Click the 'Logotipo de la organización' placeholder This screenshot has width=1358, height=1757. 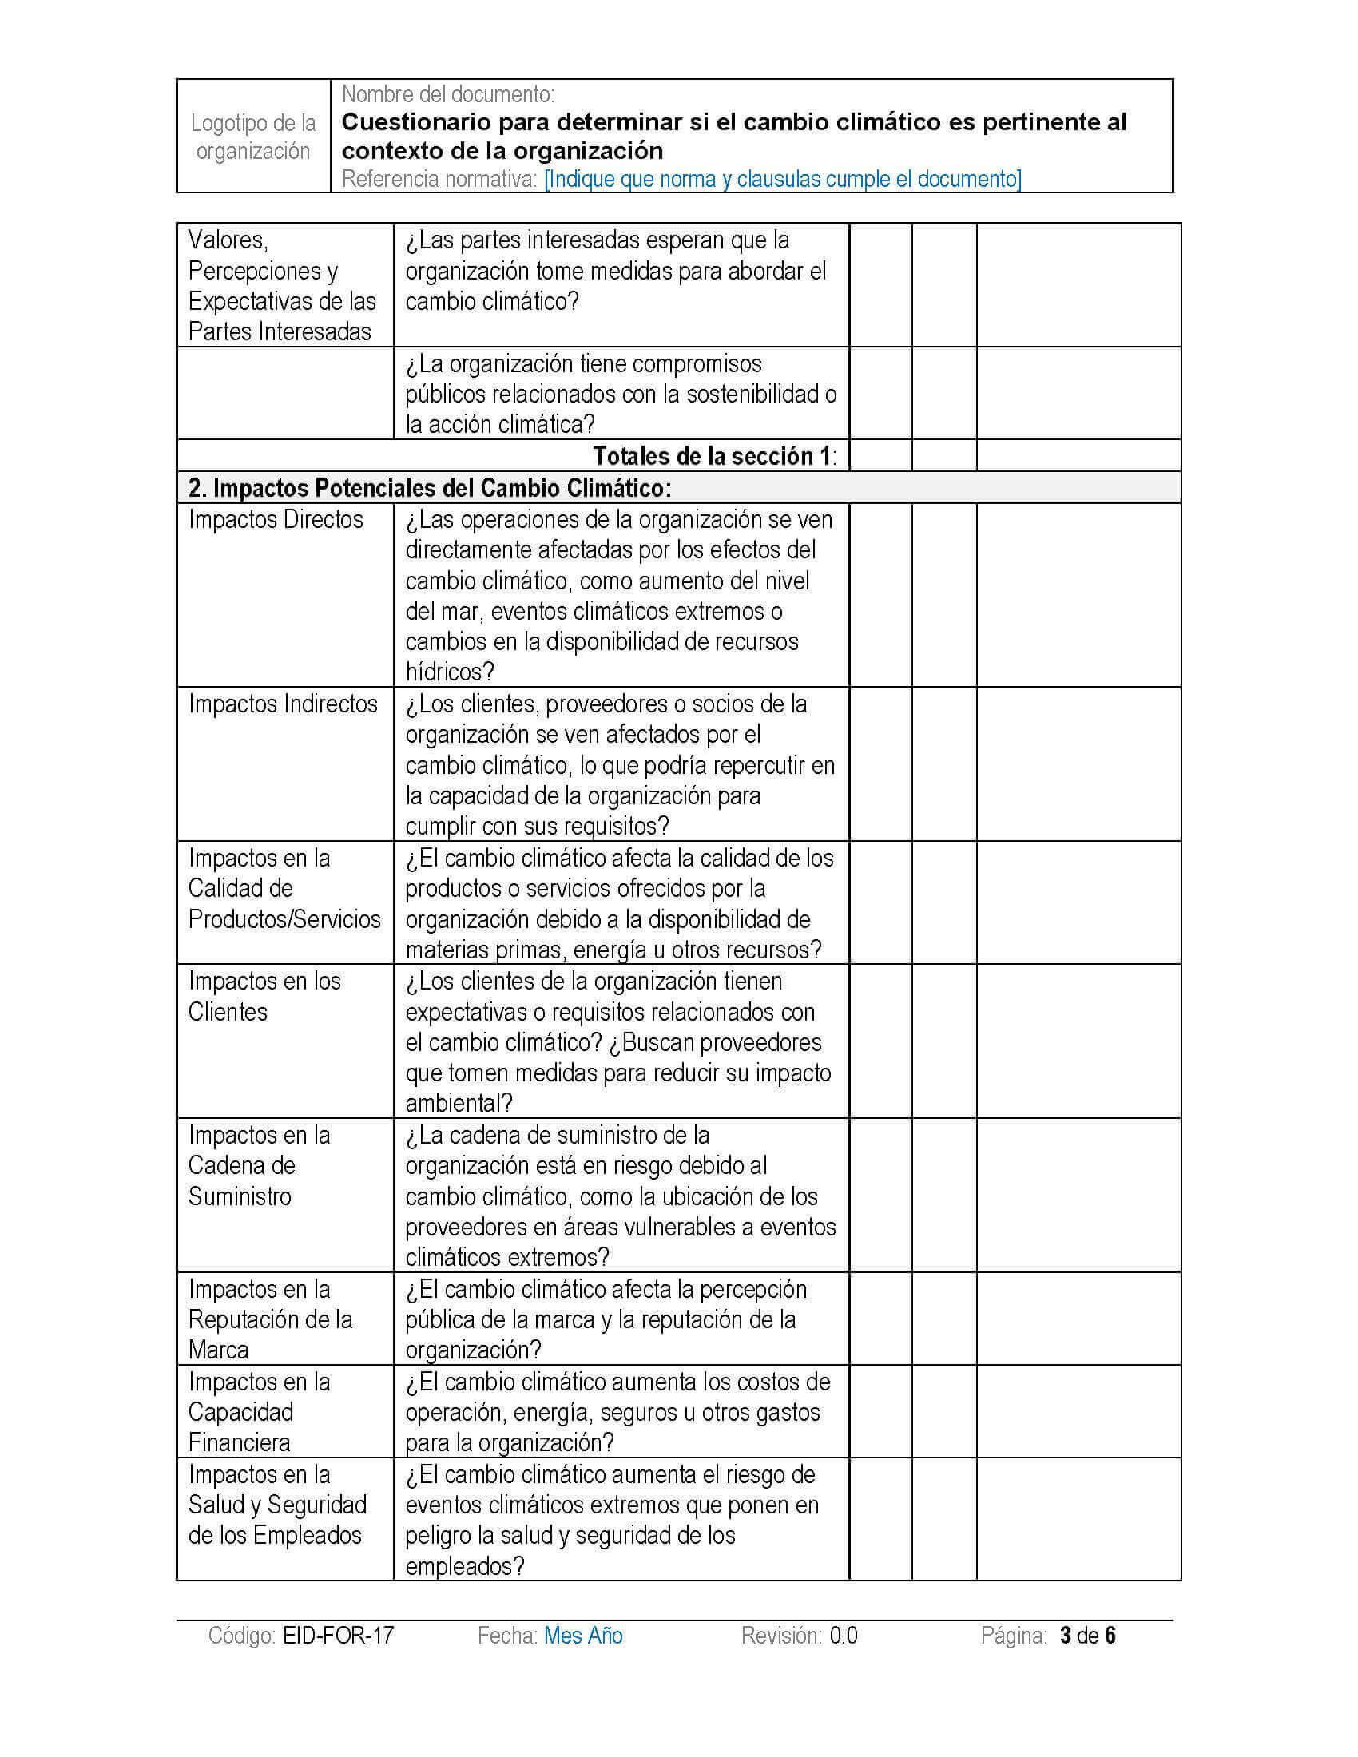pyautogui.click(x=252, y=137)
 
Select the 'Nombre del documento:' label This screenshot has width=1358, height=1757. pyautogui.click(x=448, y=94)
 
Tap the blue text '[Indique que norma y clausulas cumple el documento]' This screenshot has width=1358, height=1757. pyautogui.click(x=782, y=179)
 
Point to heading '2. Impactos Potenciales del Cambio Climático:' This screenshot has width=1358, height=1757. pyautogui.click(x=430, y=488)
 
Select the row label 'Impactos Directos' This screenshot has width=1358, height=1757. pyautogui.click(x=276, y=520)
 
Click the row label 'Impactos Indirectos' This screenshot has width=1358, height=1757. pyautogui.click(x=282, y=704)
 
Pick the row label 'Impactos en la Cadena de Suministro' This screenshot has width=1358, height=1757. pyautogui.click(x=259, y=1166)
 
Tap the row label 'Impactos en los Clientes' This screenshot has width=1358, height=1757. pyautogui.click(x=264, y=996)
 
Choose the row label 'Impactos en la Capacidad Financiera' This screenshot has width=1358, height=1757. pyautogui.click(x=259, y=1412)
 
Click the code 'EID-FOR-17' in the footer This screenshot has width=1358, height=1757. pyautogui.click(x=338, y=1636)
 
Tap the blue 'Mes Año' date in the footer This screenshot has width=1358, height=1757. pyautogui.click(x=583, y=1636)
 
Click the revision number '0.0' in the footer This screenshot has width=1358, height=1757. pyautogui.click(x=843, y=1636)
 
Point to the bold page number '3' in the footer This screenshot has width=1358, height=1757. pyautogui.click(x=1066, y=1636)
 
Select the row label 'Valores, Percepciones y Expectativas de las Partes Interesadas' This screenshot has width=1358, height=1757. pyautogui.click(x=281, y=286)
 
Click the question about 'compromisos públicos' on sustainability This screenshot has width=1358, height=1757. pyautogui.click(x=620, y=395)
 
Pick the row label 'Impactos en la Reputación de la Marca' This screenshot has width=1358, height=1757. pyautogui.click(x=269, y=1319)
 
